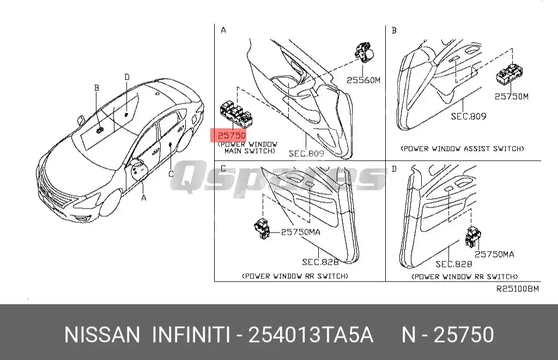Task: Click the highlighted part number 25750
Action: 231,135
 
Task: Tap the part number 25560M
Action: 363,80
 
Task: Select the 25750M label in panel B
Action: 511,96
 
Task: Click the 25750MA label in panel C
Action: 300,231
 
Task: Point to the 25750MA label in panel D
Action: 494,254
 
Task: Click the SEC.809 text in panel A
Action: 307,154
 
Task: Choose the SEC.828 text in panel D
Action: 453,264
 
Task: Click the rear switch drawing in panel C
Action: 262,229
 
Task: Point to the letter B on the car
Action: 96,88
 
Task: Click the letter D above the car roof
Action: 126,77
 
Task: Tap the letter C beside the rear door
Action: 171,174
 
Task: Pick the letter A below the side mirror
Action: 144,198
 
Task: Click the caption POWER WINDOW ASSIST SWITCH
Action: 462,148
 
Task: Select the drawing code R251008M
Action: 517,289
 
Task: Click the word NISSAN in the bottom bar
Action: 102,334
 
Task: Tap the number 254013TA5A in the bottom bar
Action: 311,334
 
